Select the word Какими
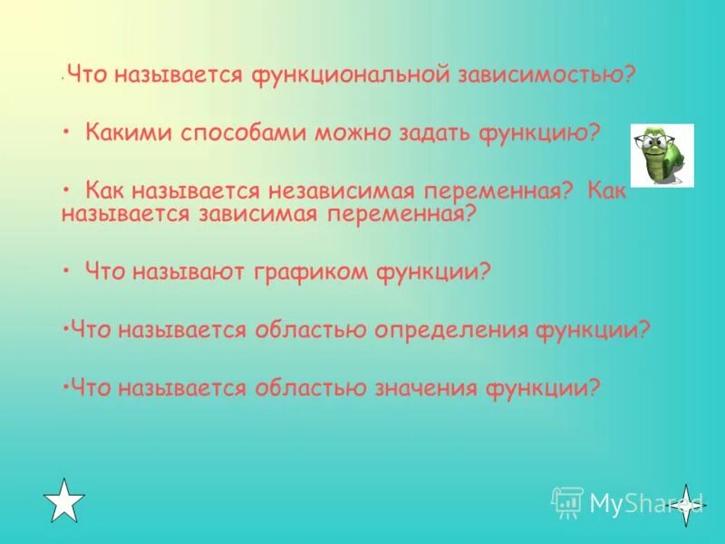[125, 133]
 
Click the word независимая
[341, 189]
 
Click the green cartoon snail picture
[662, 155]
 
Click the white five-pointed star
[64, 500]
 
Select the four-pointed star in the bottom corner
[687, 502]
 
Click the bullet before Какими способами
[67, 133]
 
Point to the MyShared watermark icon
[568, 501]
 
